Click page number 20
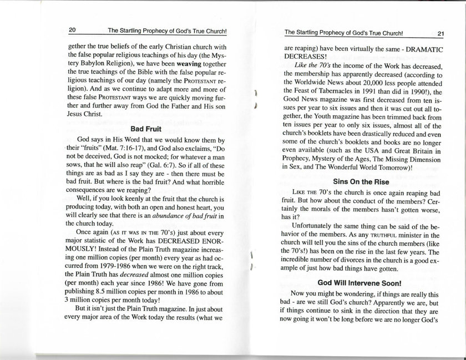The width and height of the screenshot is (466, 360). coord(72,31)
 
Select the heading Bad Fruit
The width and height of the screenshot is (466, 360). coord(145,129)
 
